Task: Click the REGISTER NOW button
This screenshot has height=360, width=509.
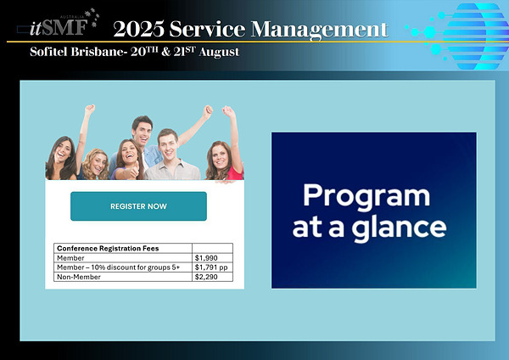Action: click(138, 206)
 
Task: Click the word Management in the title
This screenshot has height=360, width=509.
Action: click(320, 30)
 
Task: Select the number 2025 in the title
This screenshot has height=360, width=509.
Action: click(139, 29)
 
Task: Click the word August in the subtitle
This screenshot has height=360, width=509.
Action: click(219, 53)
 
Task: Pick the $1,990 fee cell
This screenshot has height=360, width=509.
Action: click(212, 258)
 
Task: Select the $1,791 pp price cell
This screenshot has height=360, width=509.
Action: click(212, 267)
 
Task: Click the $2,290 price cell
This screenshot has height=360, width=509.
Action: click(212, 277)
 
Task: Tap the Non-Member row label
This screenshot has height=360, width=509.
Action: click(79, 277)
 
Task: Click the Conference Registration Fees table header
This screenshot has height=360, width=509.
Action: click(108, 248)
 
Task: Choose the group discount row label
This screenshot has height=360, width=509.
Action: click(118, 267)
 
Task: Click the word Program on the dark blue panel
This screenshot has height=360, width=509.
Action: click(366, 197)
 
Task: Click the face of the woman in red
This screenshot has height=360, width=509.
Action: click(221, 156)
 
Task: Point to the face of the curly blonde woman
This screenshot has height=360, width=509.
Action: click(98, 164)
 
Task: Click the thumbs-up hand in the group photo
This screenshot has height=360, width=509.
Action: click(134, 171)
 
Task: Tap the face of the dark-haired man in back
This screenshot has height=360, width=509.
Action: click(143, 132)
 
